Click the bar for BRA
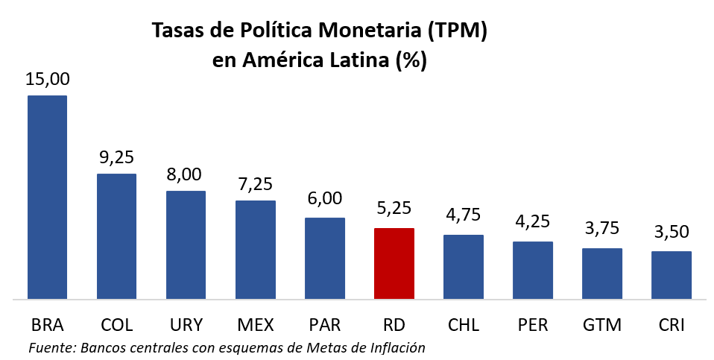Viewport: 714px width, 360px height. tap(48, 198)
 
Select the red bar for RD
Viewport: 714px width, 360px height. tap(394, 264)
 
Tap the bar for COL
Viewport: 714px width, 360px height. tap(117, 236)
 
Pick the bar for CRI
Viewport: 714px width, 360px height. tap(672, 275)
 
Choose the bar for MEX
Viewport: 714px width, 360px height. tap(256, 250)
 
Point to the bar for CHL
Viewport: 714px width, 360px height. tap(464, 267)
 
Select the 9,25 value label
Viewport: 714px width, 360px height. tap(117, 158)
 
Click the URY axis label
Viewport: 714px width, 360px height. tap(186, 326)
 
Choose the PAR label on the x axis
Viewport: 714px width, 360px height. tap(325, 326)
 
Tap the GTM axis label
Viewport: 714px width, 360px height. tap(602, 326)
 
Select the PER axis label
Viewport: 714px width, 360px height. tap(533, 326)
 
